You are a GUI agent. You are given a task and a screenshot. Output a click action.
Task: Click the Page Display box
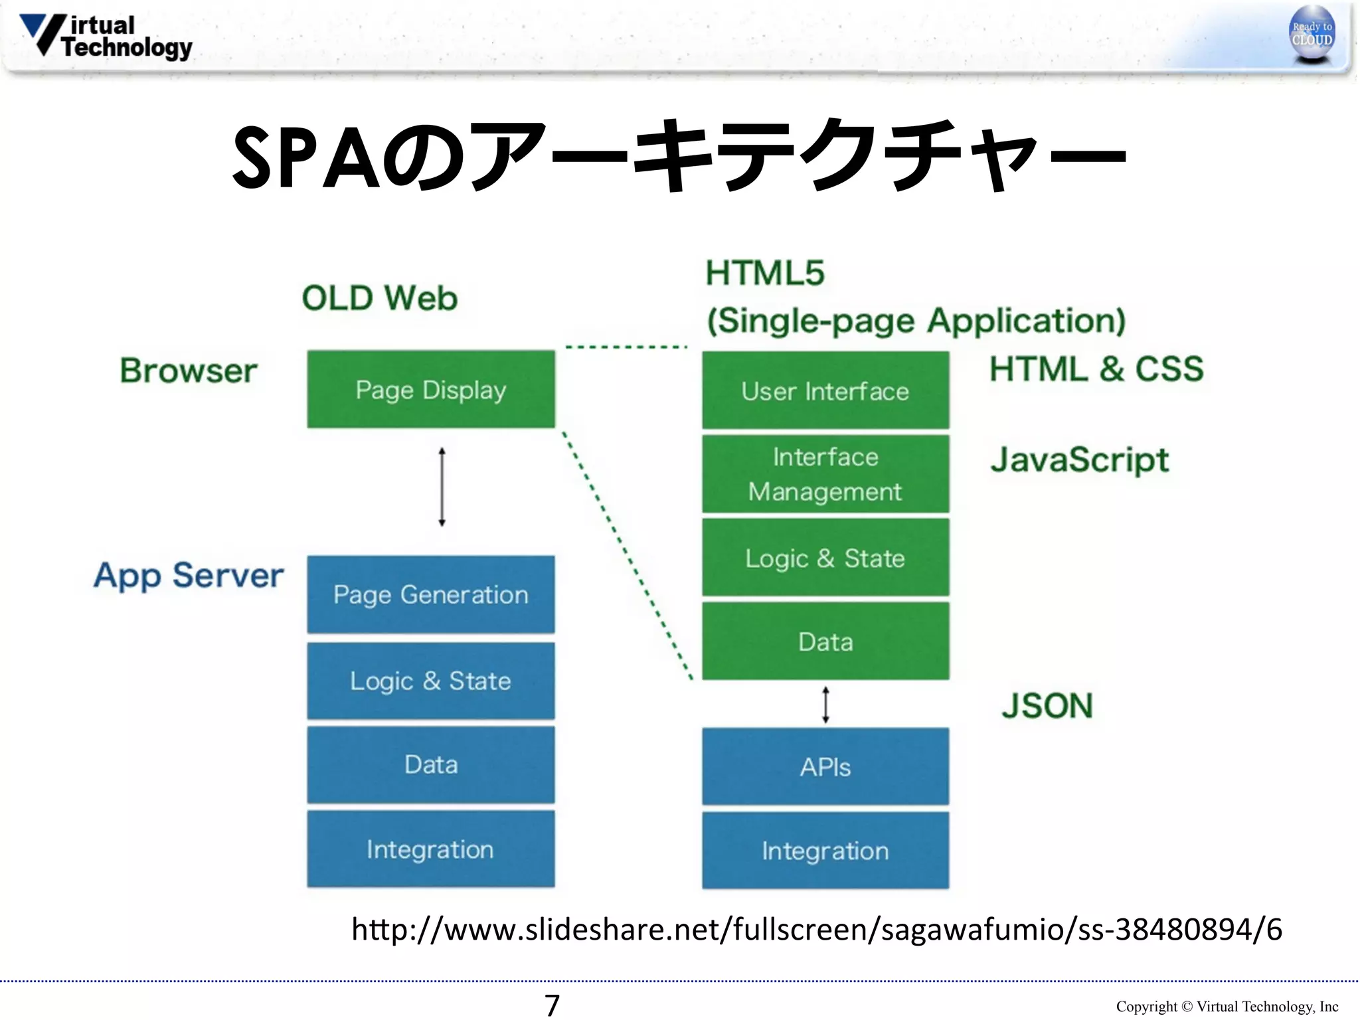(430, 390)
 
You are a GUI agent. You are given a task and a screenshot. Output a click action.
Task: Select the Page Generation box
(430, 594)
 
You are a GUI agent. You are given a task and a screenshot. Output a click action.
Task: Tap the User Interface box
(825, 390)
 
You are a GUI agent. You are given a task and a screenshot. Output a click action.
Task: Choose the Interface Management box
(825, 474)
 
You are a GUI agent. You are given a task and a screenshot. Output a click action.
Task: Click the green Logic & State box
(825, 558)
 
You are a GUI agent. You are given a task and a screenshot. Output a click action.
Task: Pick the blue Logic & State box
(430, 681)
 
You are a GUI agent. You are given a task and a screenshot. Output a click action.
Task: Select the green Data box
(825, 641)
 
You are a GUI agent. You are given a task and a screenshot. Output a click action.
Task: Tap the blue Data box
(430, 764)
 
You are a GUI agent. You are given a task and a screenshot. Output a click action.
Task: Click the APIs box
(825, 767)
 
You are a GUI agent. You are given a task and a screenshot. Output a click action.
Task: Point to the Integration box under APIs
(825, 851)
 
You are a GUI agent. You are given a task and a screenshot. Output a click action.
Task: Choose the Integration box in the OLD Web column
(430, 849)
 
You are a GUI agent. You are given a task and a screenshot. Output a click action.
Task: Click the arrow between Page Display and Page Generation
(442, 487)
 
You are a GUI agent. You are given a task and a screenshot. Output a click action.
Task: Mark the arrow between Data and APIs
(825, 705)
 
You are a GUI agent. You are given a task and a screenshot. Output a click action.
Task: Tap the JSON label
(1047, 705)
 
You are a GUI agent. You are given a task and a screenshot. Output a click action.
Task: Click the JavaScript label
(1079, 460)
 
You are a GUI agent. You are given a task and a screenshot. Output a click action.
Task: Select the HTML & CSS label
(1096, 369)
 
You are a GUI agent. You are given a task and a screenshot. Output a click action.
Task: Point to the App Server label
(189, 575)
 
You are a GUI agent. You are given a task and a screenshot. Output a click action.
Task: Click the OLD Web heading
(380, 298)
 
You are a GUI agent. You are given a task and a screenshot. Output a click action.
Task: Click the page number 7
(552, 1005)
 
